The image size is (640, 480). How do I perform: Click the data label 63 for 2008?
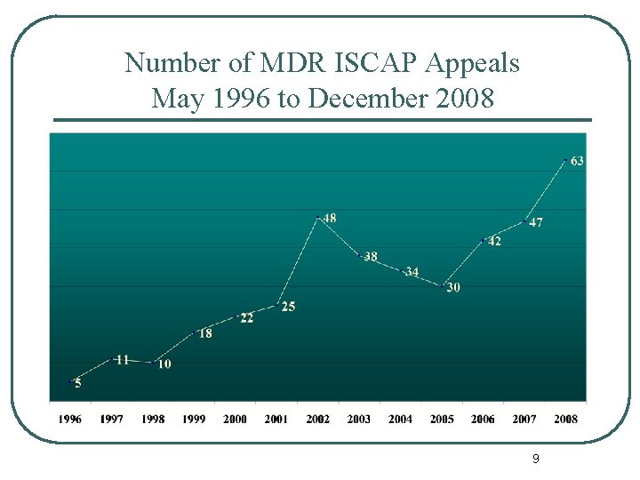(577, 161)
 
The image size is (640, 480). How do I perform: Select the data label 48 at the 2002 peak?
(329, 218)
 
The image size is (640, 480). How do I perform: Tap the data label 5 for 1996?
(77, 384)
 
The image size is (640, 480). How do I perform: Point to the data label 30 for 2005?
(453, 287)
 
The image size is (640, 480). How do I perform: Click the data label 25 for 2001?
(288, 307)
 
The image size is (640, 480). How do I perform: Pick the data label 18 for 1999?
(204, 333)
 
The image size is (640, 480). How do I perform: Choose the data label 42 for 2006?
(494, 242)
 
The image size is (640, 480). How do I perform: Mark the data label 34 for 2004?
(412, 272)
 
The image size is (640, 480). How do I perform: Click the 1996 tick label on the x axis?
(70, 419)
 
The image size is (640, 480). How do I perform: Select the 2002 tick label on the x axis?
(318, 419)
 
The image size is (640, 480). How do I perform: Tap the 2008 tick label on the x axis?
(565, 419)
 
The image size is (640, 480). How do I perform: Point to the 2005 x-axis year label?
(442, 419)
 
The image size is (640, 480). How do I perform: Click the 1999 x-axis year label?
(194, 419)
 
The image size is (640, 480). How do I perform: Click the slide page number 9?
(535, 459)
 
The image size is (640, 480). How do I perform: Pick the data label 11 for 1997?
(123, 359)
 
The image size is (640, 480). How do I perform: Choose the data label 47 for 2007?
(535, 222)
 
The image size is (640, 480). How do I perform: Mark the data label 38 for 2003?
(371, 256)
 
